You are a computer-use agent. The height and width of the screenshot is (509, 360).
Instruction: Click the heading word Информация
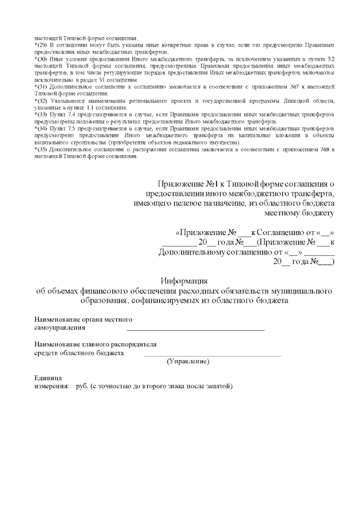[184, 281]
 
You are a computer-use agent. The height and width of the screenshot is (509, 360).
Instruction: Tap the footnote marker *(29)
[42, 44]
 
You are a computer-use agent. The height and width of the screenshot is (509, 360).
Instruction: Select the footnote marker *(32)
[42, 100]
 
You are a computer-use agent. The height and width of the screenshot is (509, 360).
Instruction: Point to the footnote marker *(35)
[42, 150]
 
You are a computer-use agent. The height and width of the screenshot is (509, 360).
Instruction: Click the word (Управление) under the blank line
[188, 361]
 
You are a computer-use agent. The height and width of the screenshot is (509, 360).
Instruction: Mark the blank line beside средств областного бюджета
[212, 355]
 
